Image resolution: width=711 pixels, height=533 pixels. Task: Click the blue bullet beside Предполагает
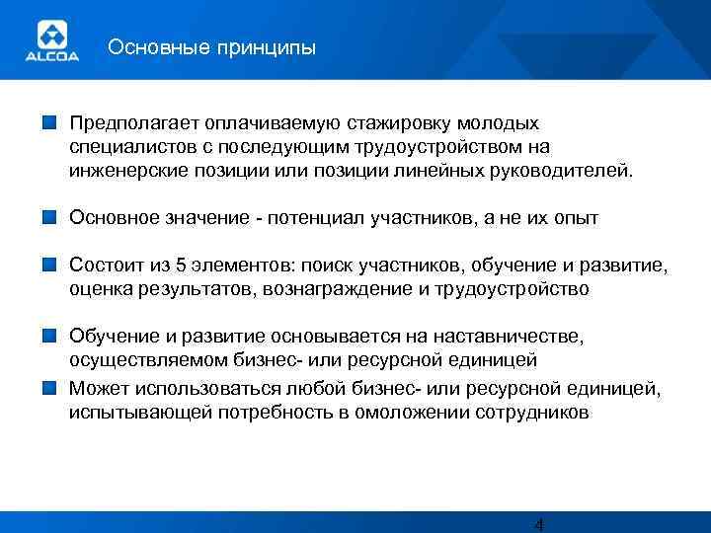(x=48, y=124)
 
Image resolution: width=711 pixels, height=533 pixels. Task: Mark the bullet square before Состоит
(x=48, y=265)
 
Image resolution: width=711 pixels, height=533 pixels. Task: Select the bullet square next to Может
(x=48, y=387)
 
